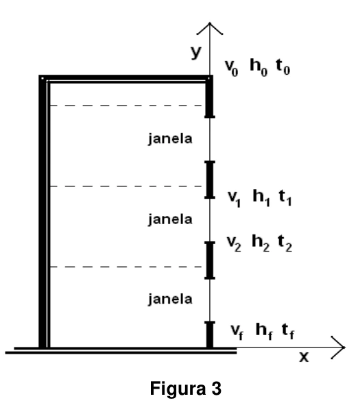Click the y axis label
tap(195, 52)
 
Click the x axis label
tap(304, 357)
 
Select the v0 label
tap(232, 68)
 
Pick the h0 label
tap(259, 67)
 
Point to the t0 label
tap(283, 67)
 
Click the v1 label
tap(235, 199)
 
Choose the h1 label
tap(261, 197)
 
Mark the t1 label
tap(285, 197)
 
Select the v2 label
tap(234, 243)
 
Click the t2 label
tap(285, 243)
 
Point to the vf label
tap(237, 332)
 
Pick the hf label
tap(265, 332)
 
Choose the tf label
tap(288, 332)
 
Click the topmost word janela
tap(171, 139)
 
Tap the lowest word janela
tap(171, 300)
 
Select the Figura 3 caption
tap(186, 388)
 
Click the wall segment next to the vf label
tap(210, 334)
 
